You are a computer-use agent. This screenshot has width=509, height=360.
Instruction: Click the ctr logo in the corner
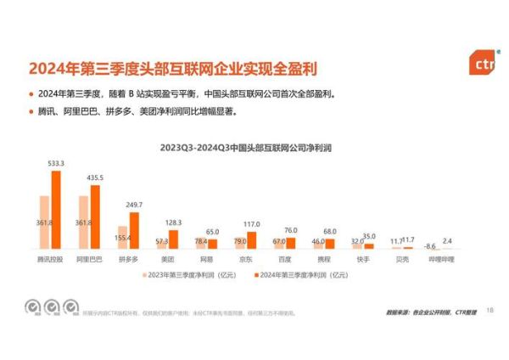coord(483,62)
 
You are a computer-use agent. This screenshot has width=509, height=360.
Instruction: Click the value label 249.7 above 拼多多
coord(134,205)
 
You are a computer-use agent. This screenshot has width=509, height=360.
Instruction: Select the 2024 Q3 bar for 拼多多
coord(133,230)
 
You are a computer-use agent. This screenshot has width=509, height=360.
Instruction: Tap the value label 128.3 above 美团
coord(172,222)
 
